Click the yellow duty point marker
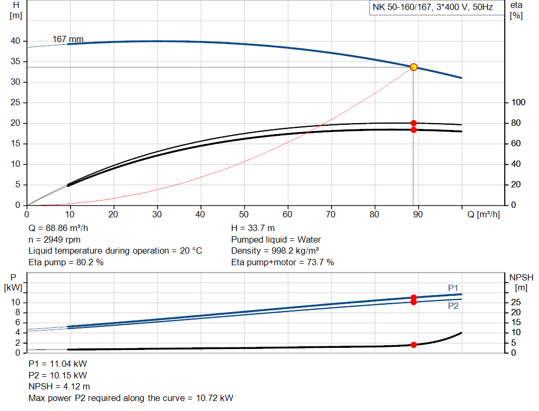tap(414, 67)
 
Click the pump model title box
tap(433, 8)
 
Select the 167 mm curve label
tap(68, 39)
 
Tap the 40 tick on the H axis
tap(15, 41)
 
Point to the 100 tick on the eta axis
tap(518, 103)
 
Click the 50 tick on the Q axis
tap(244, 214)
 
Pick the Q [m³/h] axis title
tap(484, 214)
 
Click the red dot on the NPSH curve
tap(414, 345)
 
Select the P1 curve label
tap(453, 288)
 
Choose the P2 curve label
tap(453, 306)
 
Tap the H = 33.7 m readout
tap(253, 228)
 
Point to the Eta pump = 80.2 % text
tap(66, 262)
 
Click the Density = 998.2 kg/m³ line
tap(275, 250)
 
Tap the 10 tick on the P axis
tap(16, 303)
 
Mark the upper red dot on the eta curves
tap(414, 123)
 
